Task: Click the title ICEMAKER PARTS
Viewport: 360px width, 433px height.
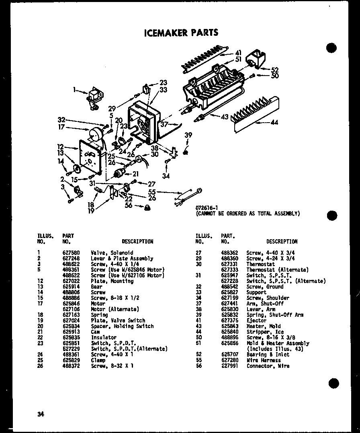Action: (181, 33)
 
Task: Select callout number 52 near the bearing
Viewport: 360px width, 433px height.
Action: (275, 69)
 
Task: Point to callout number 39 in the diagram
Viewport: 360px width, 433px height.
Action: (188, 136)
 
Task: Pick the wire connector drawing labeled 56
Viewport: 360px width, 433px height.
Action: (147, 208)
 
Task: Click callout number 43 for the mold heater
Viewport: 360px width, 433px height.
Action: (224, 117)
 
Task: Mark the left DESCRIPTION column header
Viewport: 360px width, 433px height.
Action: (137, 242)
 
